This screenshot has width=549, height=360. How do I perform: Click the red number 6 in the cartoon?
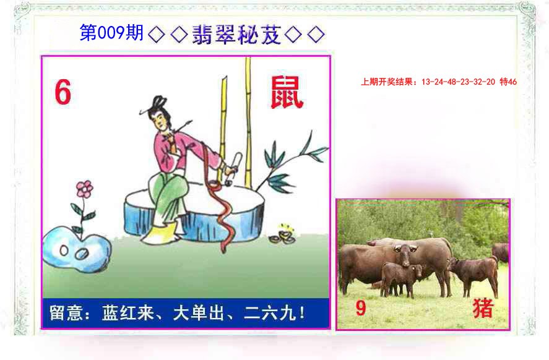(63, 93)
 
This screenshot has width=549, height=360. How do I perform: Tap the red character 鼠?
(286, 93)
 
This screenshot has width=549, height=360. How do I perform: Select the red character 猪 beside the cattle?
(483, 308)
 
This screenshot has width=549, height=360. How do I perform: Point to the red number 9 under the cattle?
(361, 308)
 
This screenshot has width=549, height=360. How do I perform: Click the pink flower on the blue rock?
(84, 189)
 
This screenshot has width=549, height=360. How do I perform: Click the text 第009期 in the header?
(111, 33)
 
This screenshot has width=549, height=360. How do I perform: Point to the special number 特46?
(508, 82)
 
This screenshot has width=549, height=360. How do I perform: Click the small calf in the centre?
(400, 278)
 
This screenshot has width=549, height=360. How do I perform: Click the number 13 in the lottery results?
(425, 82)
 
